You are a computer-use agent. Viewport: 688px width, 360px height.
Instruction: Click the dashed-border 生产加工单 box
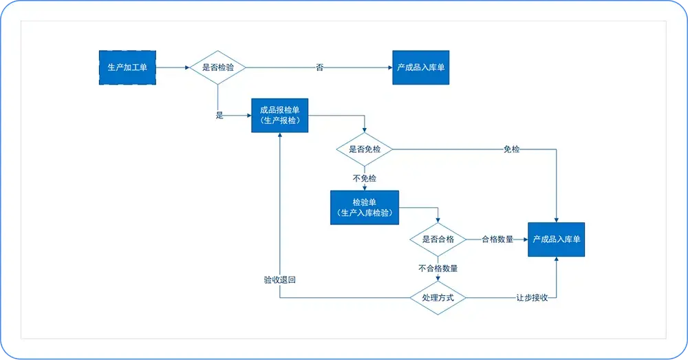coord(127,67)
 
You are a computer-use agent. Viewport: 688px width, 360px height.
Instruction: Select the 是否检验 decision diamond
coord(217,67)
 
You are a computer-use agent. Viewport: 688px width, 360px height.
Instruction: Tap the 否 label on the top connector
coord(320,67)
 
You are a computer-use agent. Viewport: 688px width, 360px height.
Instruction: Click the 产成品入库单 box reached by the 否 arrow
coord(421,67)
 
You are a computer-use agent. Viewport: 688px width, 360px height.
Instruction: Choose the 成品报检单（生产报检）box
coord(280,116)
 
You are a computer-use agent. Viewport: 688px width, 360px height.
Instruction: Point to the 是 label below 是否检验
coord(219,116)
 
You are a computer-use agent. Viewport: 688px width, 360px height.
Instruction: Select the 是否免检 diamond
coord(364,149)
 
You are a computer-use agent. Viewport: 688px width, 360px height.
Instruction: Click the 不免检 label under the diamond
coord(365,178)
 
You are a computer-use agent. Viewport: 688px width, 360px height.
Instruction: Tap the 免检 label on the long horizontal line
coord(512,149)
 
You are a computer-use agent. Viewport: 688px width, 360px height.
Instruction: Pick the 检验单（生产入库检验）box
coord(365,208)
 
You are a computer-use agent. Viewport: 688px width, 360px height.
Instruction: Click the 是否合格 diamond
coord(438,240)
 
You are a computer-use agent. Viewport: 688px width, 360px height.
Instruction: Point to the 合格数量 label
coord(497,240)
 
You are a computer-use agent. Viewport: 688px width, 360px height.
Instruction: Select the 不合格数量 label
coord(438,268)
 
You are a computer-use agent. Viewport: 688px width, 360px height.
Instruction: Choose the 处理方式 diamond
coord(438,297)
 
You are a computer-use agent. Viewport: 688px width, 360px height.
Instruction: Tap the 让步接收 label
coord(532,297)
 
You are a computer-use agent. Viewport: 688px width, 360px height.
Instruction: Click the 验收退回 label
coord(280,279)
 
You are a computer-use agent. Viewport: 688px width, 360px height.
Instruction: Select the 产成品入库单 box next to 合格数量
coord(557,240)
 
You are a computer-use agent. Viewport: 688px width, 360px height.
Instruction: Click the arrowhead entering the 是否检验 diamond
coord(187,67)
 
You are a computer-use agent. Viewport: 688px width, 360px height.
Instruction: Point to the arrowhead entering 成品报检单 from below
coord(280,135)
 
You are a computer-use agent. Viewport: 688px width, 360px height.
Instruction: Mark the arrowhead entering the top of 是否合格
coord(438,220)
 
